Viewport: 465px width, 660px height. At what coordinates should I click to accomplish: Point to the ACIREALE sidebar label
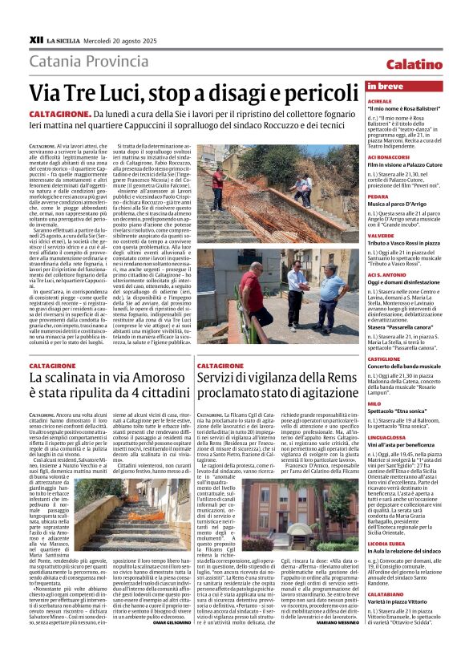pyautogui.click(x=379, y=102)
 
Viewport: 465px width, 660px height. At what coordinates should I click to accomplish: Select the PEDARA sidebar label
pyautogui.click(x=378, y=196)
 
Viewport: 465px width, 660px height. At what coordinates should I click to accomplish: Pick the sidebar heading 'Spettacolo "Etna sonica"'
pyautogui.click(x=397, y=411)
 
